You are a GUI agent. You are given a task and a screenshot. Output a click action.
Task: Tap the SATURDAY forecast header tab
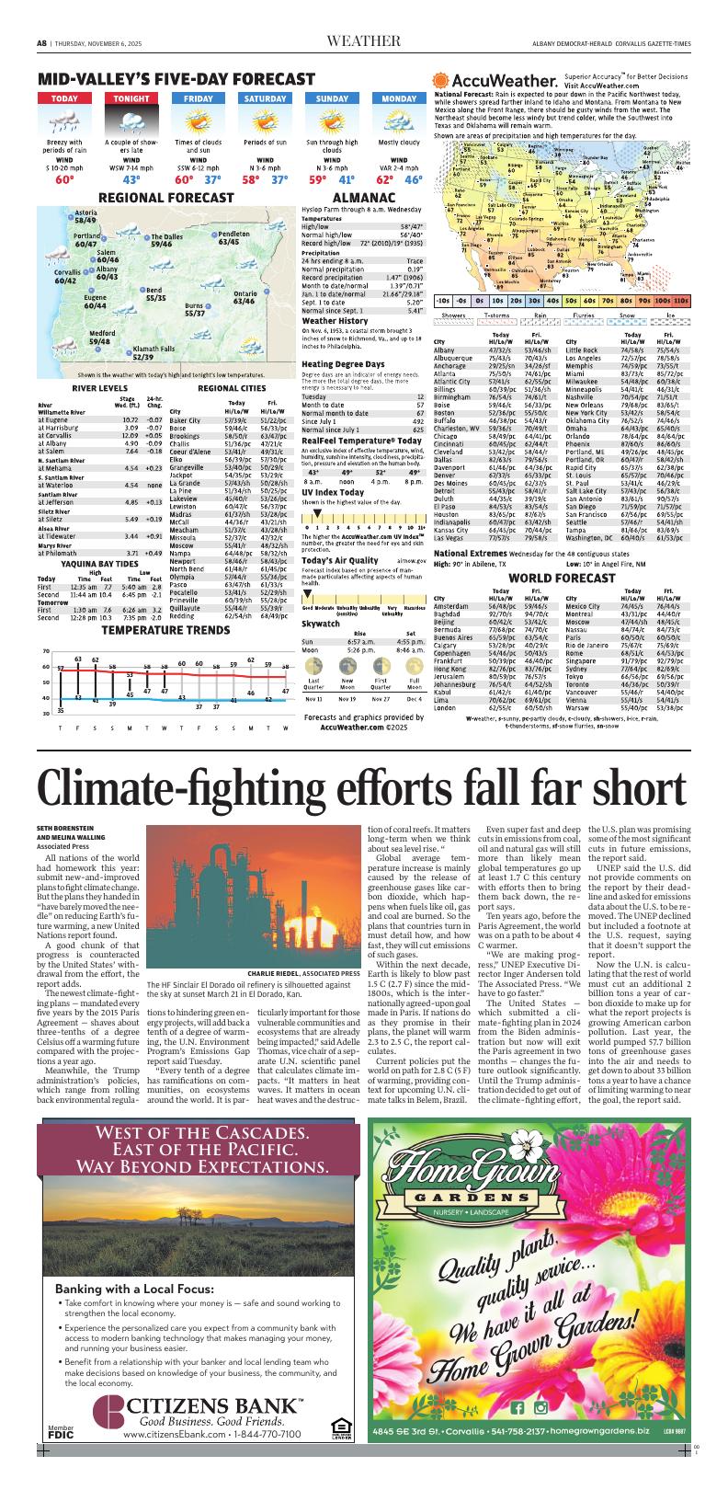tap(264, 98)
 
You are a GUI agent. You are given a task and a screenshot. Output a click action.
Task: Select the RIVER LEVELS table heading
tap(98, 388)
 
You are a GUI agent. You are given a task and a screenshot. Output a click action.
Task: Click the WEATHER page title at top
tap(363, 40)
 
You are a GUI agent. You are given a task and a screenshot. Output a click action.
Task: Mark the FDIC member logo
tap(61, 1431)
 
